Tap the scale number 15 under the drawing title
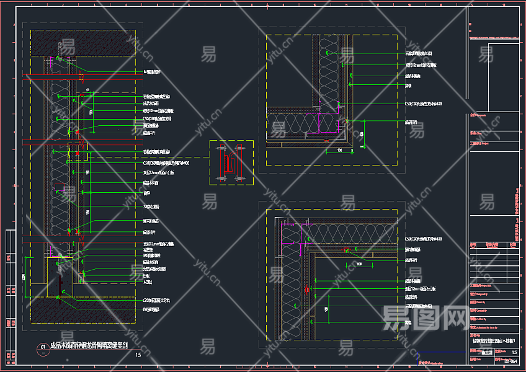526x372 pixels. (138, 355)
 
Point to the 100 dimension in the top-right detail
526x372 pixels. (340, 149)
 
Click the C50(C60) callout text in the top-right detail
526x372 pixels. (424, 104)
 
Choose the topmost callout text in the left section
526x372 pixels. (152, 72)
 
